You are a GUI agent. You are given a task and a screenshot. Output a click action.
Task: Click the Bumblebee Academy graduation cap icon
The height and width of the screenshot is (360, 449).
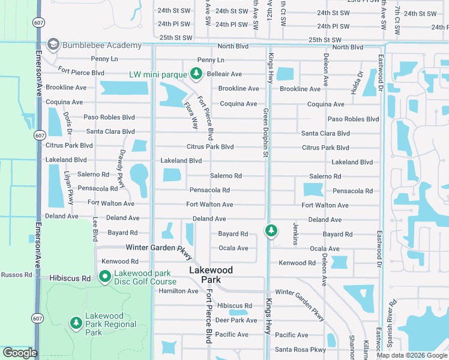(53, 45)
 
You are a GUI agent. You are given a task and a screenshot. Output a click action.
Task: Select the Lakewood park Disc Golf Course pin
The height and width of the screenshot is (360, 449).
(104, 277)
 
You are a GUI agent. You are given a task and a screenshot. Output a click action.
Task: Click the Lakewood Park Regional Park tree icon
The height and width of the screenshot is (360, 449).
(76, 323)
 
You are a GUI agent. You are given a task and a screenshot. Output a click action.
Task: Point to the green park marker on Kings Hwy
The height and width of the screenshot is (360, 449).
(271, 230)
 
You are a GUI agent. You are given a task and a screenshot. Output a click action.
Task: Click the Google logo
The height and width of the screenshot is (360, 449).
(20, 353)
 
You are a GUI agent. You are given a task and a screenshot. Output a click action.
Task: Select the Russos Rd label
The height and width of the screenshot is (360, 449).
(16, 275)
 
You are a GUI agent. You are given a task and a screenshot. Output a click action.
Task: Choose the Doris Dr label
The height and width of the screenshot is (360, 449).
(68, 123)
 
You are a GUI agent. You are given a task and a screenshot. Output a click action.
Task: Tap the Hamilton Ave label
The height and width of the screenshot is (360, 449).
(178, 291)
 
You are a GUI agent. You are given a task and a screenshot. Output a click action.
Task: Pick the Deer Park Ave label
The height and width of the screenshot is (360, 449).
(236, 320)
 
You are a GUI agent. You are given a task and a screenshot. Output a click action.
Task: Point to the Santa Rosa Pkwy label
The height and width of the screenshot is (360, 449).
(300, 350)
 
